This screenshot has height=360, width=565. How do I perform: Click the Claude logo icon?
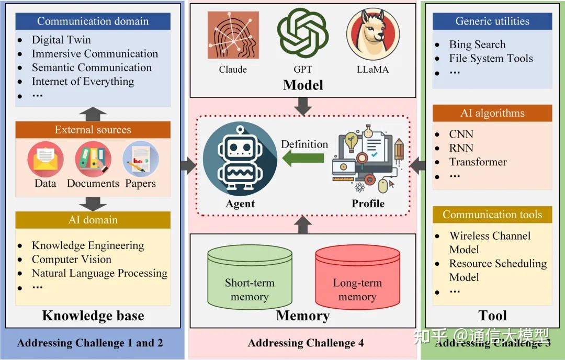(233, 37)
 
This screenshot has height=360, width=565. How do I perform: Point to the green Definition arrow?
(303, 158)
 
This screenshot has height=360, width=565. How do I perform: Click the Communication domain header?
(93, 21)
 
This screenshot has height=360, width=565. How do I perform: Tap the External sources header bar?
(93, 130)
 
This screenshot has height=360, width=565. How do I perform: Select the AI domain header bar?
(93, 220)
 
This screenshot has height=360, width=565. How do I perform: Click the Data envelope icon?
(46, 159)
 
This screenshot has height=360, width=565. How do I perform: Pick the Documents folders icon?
(93, 159)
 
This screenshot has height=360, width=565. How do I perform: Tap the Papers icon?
(140, 159)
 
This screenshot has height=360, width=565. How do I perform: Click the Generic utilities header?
(492, 21)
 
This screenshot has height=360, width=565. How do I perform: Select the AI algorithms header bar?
(492, 113)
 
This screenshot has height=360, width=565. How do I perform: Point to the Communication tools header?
(492, 215)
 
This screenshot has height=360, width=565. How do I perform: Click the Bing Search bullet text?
(477, 44)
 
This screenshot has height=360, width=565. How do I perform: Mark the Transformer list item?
(478, 162)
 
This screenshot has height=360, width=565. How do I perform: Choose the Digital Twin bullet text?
(61, 40)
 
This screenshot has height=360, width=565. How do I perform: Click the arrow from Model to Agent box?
(303, 107)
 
